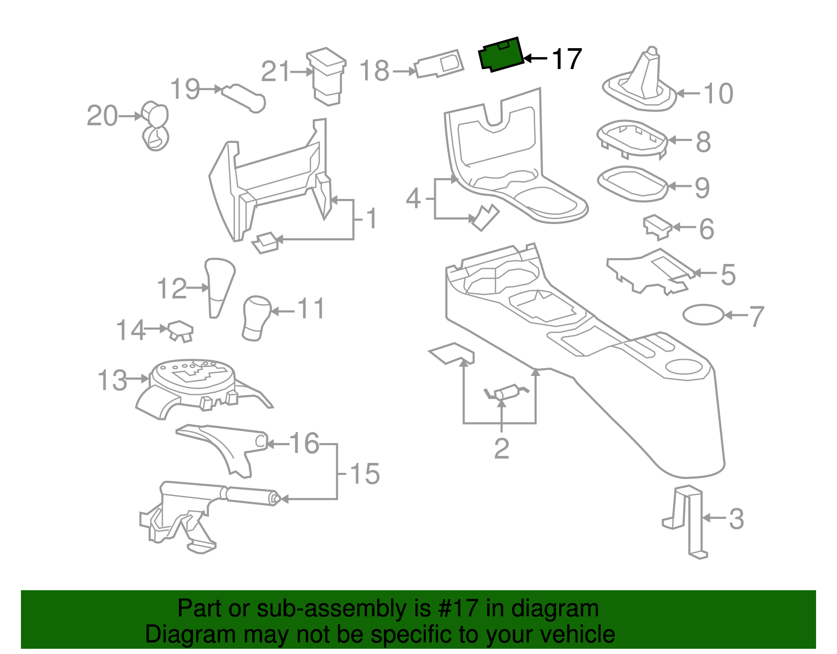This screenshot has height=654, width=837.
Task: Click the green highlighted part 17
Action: coord(501,54)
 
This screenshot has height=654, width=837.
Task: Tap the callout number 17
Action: coord(567,59)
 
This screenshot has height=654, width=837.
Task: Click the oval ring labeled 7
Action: coord(704,315)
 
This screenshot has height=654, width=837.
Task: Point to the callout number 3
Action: coord(736,518)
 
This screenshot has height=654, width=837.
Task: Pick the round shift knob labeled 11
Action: coord(256,317)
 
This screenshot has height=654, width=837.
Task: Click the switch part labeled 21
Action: coord(327,76)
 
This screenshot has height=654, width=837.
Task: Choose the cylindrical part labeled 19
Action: coord(244,97)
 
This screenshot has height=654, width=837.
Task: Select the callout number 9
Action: coord(703,187)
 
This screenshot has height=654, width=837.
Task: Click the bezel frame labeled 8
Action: coord(632,138)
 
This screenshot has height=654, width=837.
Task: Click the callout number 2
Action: coord(501,448)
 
